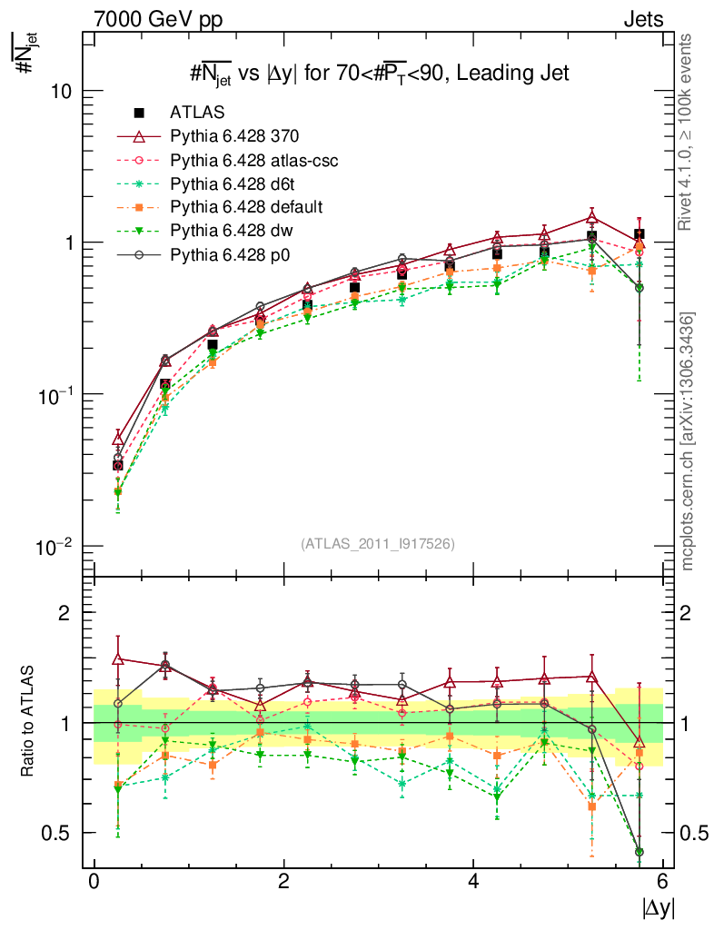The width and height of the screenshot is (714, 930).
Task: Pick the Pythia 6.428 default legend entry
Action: (x=241, y=207)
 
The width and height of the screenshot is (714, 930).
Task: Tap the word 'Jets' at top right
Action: (x=642, y=18)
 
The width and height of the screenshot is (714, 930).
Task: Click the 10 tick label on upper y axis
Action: (x=60, y=92)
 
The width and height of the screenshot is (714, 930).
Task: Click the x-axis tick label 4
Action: (x=473, y=883)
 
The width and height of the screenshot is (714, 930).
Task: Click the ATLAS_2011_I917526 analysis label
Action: (x=377, y=544)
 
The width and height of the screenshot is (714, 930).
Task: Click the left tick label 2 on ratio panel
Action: (x=64, y=612)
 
